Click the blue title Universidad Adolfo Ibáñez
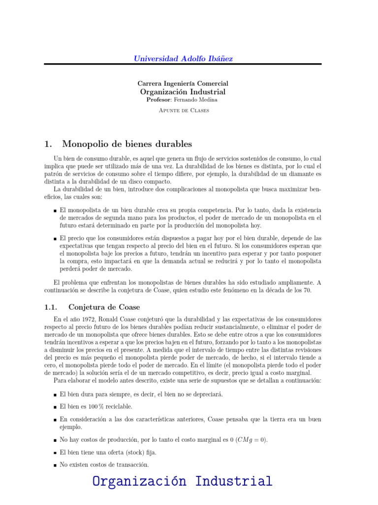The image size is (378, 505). (x=183, y=58)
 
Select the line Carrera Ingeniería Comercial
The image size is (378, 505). (x=183, y=83)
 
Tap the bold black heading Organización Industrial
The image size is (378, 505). (x=183, y=92)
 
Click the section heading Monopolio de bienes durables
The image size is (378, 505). (x=127, y=144)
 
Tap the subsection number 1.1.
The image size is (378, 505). (x=52, y=307)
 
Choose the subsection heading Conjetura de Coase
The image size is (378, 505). (x=104, y=307)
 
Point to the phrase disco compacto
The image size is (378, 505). (x=150, y=181)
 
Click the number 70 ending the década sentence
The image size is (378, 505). (x=307, y=290)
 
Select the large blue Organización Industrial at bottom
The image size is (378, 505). (x=182, y=481)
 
